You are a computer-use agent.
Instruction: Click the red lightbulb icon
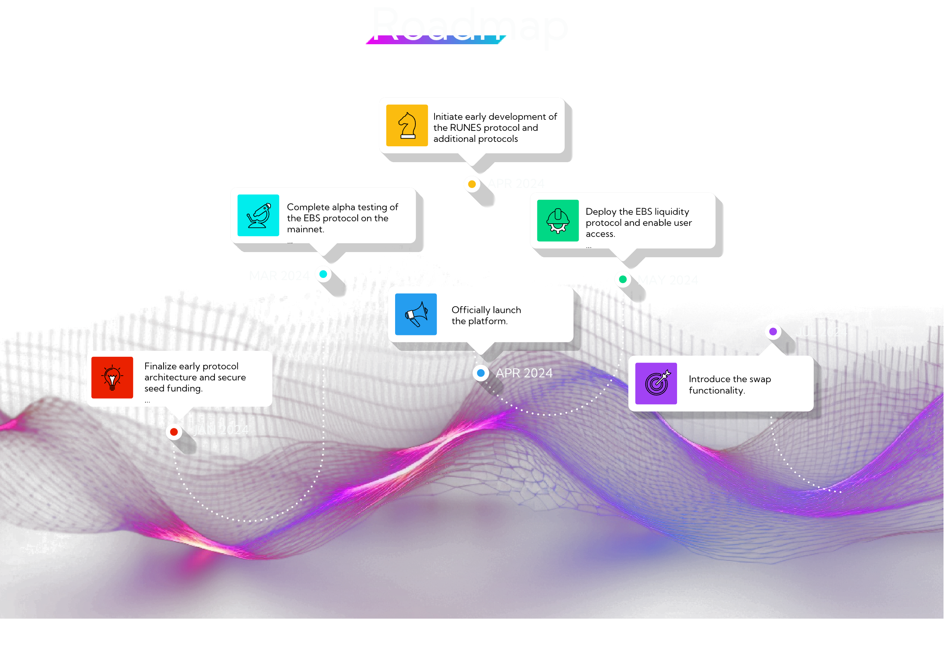112,377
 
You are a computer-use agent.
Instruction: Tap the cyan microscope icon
258,215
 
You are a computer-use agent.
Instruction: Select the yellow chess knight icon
407,125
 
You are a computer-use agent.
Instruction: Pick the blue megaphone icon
416,314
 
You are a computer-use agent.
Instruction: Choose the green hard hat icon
558,221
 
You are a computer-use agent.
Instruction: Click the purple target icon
656,383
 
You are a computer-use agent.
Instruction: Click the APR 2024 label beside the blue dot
524,373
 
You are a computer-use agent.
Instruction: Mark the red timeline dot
174,432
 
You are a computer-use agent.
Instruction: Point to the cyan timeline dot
323,274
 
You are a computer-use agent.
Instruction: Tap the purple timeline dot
773,331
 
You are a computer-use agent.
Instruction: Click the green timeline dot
623,279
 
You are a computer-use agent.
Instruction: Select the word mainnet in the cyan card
305,229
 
